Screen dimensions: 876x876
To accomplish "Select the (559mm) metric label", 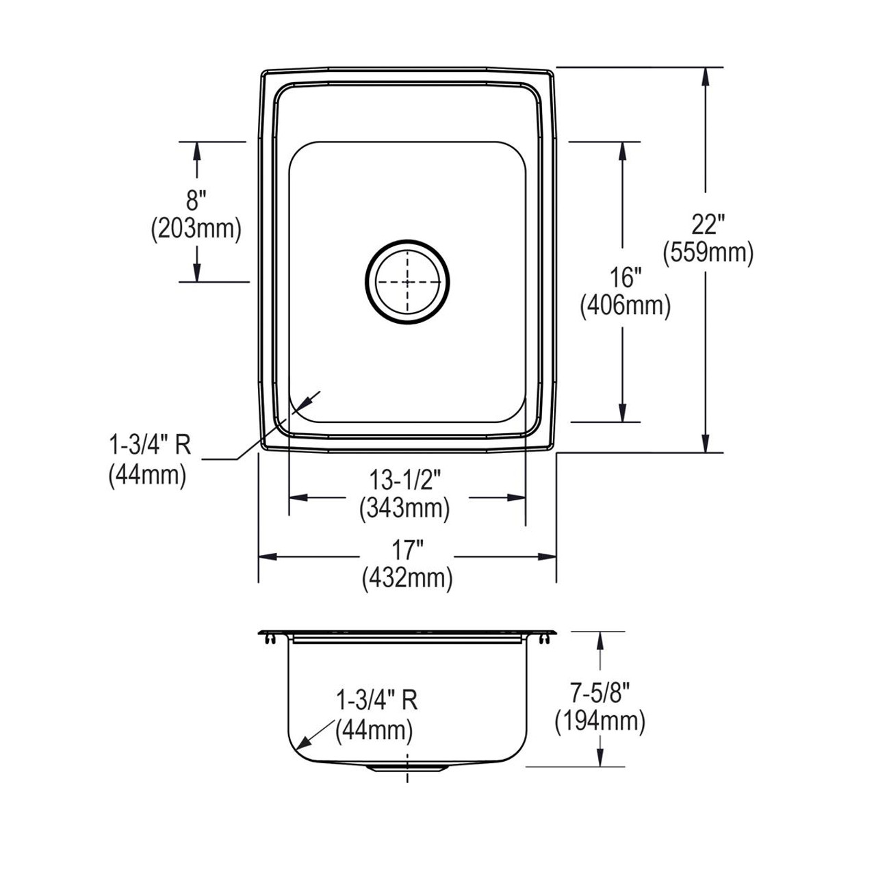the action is click(x=708, y=253).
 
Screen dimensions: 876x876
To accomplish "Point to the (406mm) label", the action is click(x=625, y=306).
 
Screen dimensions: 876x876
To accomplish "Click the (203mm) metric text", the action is click(x=196, y=229).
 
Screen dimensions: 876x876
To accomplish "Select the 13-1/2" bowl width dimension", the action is click(x=405, y=480).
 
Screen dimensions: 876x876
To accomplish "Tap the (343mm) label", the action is click(x=404, y=508).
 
